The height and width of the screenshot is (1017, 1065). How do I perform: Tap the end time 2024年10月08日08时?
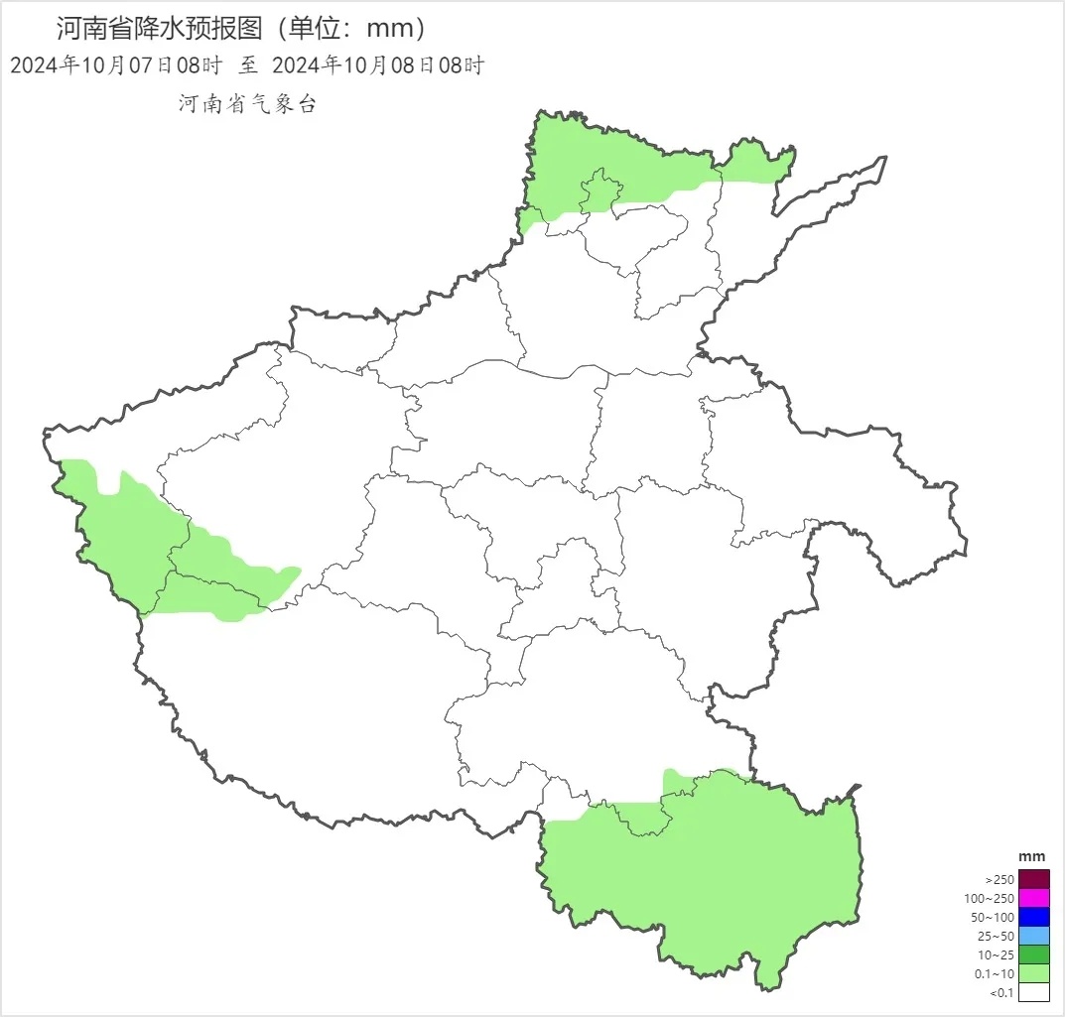(377, 65)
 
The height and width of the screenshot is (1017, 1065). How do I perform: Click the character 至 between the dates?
(247, 65)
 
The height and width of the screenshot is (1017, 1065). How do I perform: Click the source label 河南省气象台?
(247, 104)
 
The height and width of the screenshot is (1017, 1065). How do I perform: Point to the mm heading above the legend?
(1032, 856)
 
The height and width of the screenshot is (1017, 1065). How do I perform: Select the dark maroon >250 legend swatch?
(1033, 879)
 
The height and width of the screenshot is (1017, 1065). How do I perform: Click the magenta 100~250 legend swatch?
(1033, 898)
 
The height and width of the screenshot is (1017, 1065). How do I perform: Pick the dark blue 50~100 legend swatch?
(1033, 917)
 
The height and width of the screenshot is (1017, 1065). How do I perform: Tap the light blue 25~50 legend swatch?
(1033, 936)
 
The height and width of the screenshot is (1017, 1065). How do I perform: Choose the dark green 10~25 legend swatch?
(1033, 954)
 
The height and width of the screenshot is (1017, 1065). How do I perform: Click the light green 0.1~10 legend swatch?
(1033, 973)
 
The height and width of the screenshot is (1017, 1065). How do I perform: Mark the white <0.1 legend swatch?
(1033, 992)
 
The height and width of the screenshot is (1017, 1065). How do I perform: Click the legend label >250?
(999, 879)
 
